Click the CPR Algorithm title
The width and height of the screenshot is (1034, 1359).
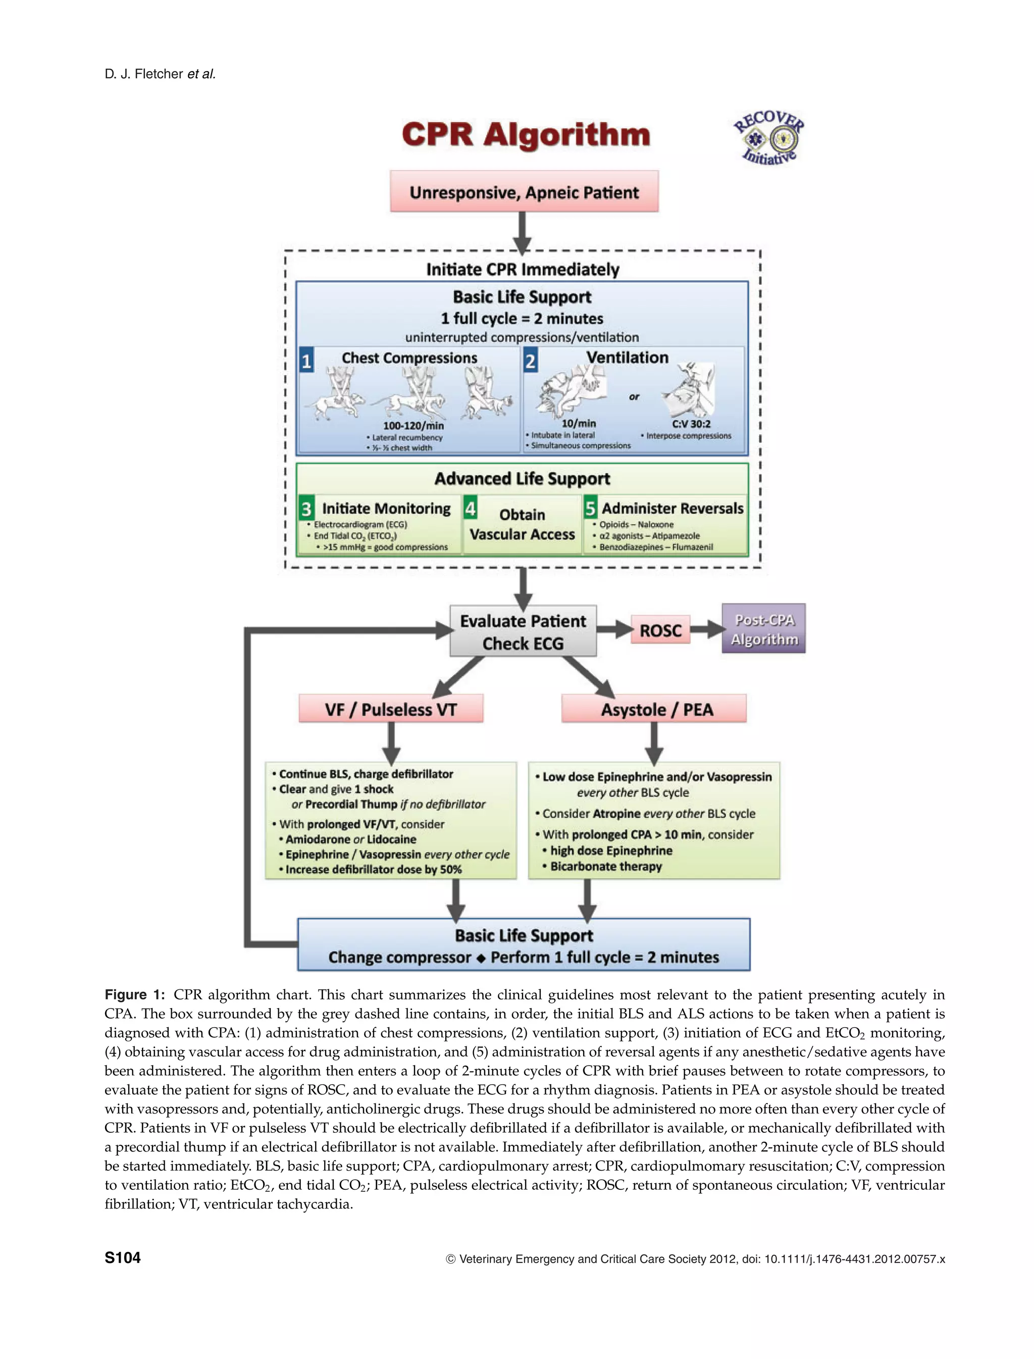pos(526,134)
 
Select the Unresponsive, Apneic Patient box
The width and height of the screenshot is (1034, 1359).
pos(525,192)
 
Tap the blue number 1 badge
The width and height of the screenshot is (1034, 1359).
pos(306,361)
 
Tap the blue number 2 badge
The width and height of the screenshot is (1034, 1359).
pos(530,361)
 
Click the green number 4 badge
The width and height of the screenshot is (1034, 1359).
pos(470,509)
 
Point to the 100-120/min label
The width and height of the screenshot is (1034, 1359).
pos(413,425)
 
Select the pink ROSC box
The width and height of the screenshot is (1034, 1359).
pos(660,630)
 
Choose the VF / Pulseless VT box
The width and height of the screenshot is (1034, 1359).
pos(391,709)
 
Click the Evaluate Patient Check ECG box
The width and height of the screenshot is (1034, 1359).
pos(523,631)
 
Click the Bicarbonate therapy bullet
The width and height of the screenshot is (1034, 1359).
pos(606,866)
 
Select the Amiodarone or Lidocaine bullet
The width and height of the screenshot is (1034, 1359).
pos(350,839)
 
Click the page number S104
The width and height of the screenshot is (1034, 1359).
pos(123,1257)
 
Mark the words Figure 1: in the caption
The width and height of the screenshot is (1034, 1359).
pos(135,995)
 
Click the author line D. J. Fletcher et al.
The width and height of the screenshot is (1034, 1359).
pos(160,74)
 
